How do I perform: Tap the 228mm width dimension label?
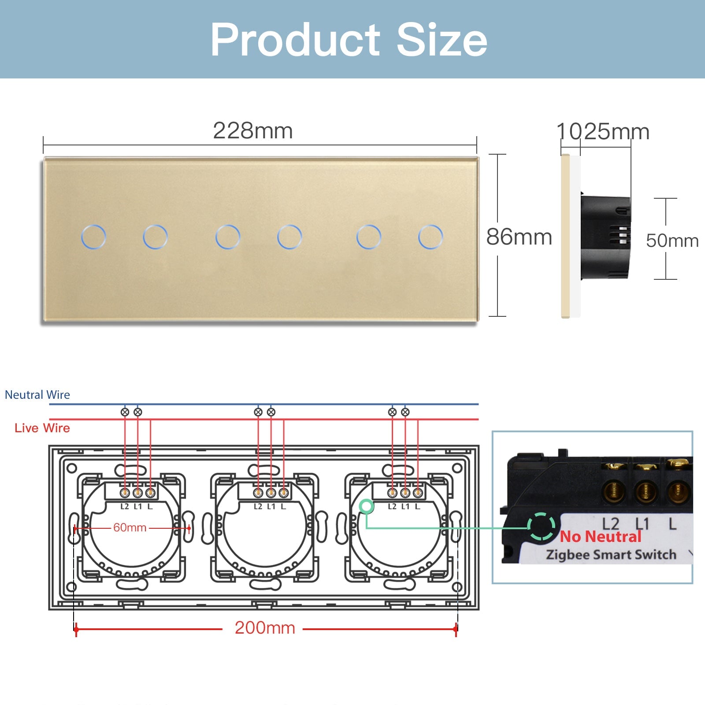(x=253, y=130)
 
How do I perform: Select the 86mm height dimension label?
(x=519, y=237)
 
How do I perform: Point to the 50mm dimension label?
(x=672, y=241)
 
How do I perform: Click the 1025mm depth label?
(x=603, y=131)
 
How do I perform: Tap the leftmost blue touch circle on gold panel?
(x=93, y=237)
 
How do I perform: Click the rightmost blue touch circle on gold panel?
(x=430, y=237)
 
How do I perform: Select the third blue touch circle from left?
(x=228, y=237)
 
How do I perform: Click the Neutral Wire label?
(x=37, y=395)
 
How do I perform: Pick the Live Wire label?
(x=42, y=428)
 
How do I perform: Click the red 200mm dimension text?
(x=265, y=628)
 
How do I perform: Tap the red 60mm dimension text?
(x=130, y=527)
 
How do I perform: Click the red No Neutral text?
(x=601, y=537)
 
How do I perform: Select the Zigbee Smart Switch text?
(x=611, y=555)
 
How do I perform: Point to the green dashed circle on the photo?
(x=541, y=526)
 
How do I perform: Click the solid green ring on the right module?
(x=366, y=506)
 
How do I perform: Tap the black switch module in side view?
(x=605, y=238)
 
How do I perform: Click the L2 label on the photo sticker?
(x=611, y=524)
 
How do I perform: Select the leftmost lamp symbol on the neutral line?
(x=125, y=412)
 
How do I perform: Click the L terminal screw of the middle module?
(x=284, y=492)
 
